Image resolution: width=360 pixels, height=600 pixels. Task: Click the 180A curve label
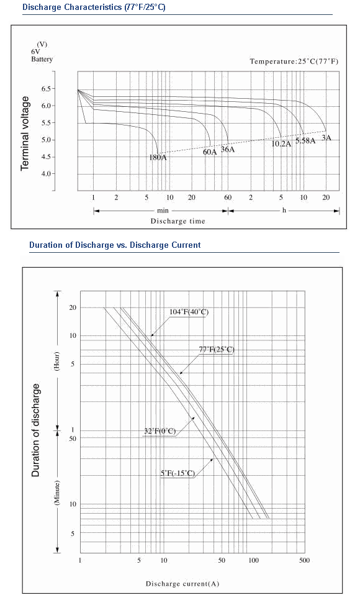pyautogui.click(x=158, y=157)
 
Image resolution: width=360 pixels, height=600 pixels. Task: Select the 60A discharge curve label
pyautogui.click(x=210, y=152)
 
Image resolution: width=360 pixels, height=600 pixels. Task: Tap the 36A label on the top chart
pyautogui.click(x=228, y=149)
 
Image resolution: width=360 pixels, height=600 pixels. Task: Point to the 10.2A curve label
pyautogui.click(x=281, y=144)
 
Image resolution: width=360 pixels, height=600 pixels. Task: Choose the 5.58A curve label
pyautogui.click(x=305, y=140)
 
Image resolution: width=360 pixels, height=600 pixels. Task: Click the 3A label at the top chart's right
pyautogui.click(x=326, y=137)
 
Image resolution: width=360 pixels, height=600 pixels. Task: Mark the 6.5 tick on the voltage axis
pyautogui.click(x=46, y=89)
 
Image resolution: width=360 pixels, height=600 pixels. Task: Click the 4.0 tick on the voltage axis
pyautogui.click(x=46, y=174)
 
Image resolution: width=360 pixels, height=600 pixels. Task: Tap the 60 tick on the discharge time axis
pyautogui.click(x=228, y=198)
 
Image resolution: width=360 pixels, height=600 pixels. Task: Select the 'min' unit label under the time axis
pyautogui.click(x=163, y=211)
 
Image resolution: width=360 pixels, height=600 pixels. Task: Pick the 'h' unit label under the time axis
pyautogui.click(x=284, y=210)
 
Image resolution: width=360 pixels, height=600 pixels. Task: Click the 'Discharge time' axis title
pyautogui.click(x=178, y=221)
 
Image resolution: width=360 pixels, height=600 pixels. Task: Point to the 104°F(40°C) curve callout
pyautogui.click(x=189, y=312)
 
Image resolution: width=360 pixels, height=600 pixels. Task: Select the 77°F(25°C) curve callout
pyautogui.click(x=217, y=349)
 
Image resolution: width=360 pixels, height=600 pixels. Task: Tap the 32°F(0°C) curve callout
pyautogui.click(x=160, y=431)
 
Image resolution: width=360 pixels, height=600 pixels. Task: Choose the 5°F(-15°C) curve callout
pyautogui.click(x=178, y=473)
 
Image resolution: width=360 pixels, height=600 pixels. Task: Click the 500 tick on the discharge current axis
pyautogui.click(x=304, y=560)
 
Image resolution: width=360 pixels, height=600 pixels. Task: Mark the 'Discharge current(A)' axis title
pyautogui.click(x=182, y=584)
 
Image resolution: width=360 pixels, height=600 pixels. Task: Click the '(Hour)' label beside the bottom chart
pyautogui.click(x=56, y=361)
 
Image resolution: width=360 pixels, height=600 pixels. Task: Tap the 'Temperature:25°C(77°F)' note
pyautogui.click(x=294, y=61)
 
